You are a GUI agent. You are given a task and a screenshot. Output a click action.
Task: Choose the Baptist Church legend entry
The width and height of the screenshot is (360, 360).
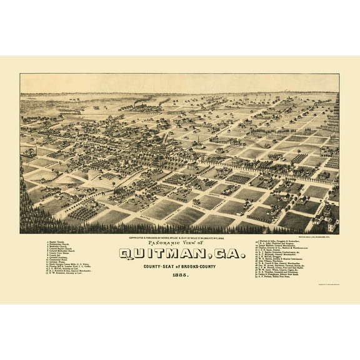coord(60,241)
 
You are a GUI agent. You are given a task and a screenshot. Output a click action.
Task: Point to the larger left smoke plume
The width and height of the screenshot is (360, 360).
coord(144,101)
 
